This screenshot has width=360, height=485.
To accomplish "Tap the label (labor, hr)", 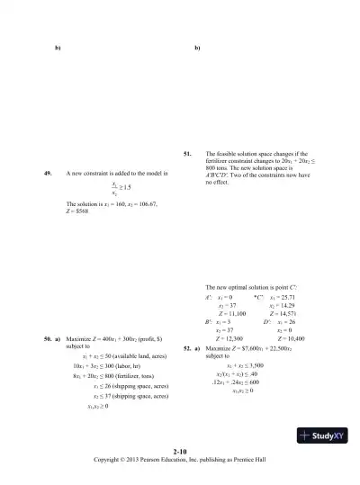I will coord(121,367).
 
